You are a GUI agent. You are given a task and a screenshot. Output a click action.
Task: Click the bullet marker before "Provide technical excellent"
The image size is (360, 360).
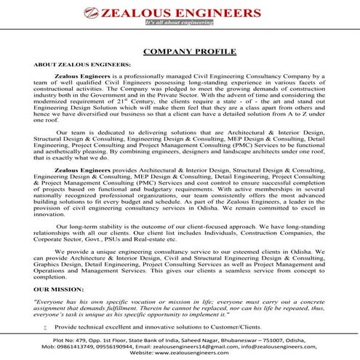[x=45, y=308]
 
